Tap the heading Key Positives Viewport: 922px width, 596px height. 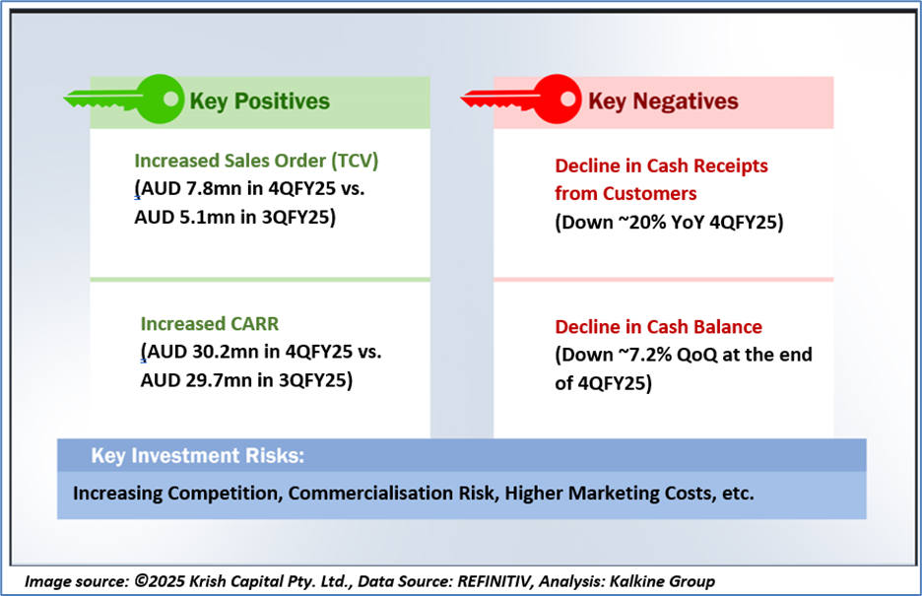pyautogui.click(x=259, y=101)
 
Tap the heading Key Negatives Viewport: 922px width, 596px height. pyautogui.click(x=663, y=101)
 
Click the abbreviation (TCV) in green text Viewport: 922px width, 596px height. pyautogui.click(x=355, y=161)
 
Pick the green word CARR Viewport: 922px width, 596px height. pyautogui.click(x=254, y=324)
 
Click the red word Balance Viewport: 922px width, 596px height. pyautogui.click(x=728, y=327)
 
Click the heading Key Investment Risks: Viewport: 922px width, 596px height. pyautogui.click(x=198, y=455)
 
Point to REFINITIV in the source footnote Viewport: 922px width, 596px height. pyautogui.click(x=495, y=581)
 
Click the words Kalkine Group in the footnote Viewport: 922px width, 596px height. pyautogui.click(x=662, y=581)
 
